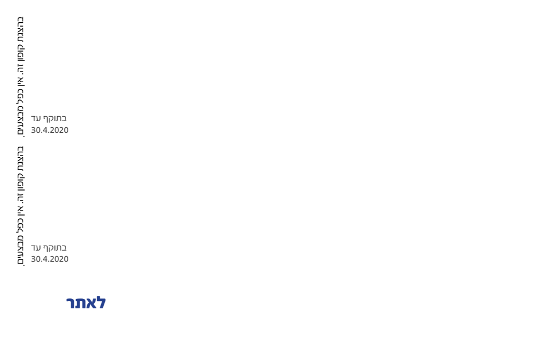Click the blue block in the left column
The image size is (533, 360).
86,302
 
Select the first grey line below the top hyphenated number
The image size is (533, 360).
49,118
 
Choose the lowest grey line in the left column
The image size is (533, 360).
49,258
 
